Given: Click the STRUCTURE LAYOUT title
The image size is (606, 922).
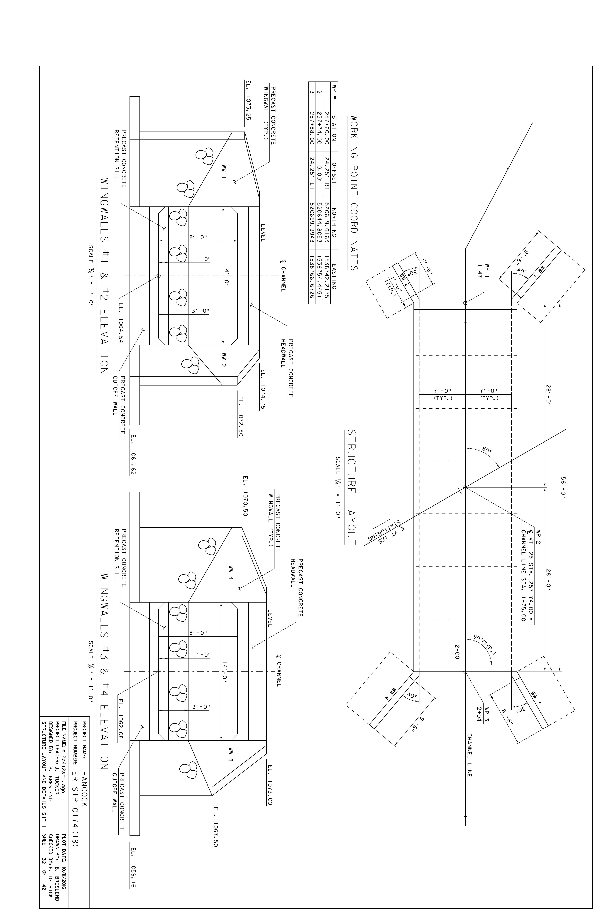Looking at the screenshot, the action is [351, 487].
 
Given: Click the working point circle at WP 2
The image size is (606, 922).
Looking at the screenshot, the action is [465, 487].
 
